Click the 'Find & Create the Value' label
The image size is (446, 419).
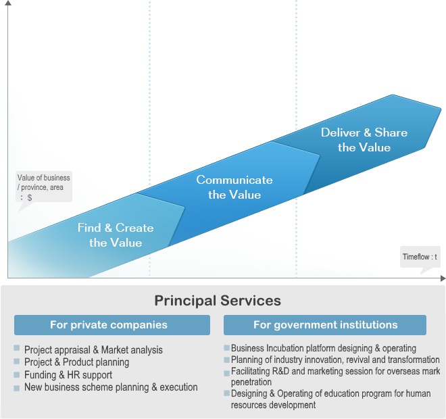(x=116, y=235)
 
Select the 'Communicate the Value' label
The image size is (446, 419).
(x=234, y=187)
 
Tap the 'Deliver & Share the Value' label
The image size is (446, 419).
(x=364, y=140)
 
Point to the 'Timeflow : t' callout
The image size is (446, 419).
(x=420, y=257)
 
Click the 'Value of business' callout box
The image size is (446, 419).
(x=44, y=187)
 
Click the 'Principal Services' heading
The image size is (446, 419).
(x=218, y=300)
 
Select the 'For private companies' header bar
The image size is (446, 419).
(x=112, y=325)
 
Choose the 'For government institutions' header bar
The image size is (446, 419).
(x=325, y=325)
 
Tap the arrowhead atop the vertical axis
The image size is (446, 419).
(x=8, y=3)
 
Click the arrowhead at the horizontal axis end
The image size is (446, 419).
(x=443, y=278)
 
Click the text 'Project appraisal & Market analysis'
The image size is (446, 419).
(x=93, y=349)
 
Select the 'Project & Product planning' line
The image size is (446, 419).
(x=76, y=362)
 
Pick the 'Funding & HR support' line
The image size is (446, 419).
(x=68, y=374)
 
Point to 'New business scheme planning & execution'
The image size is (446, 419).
(x=111, y=387)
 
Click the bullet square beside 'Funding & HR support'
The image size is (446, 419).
(x=16, y=374)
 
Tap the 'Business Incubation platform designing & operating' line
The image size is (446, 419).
(x=324, y=348)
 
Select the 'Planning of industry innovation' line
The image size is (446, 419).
(x=335, y=360)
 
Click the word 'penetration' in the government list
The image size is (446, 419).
(x=251, y=382)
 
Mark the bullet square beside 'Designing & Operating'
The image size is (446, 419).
(x=226, y=393)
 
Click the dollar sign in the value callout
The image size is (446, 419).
(x=30, y=197)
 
